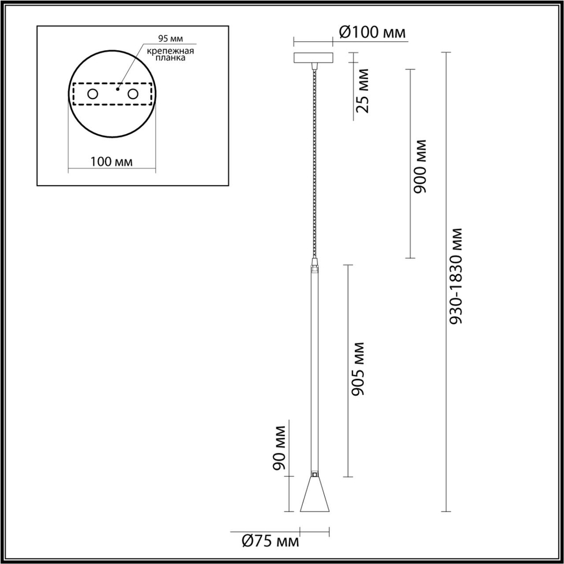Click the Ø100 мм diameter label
click(x=372, y=33)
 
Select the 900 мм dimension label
click(x=420, y=166)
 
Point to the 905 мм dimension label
click(x=358, y=368)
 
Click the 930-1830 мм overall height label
click(x=457, y=276)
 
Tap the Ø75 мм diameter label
click(x=270, y=542)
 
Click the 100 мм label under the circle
click(x=111, y=162)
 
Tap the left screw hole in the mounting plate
click(x=92, y=94)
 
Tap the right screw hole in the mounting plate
click(x=133, y=94)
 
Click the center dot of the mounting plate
click(x=117, y=89)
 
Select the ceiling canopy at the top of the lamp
click(x=314, y=58)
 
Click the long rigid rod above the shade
click(x=314, y=367)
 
